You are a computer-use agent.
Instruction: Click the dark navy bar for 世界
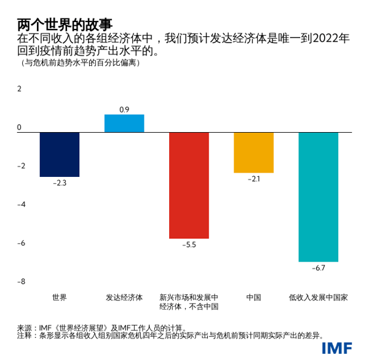tap(60, 154)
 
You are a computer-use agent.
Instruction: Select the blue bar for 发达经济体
tap(124, 123)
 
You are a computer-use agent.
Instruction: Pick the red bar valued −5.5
tap(189, 185)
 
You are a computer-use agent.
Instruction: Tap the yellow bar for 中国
tap(253, 152)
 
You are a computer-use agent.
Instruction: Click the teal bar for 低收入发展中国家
tap(318, 197)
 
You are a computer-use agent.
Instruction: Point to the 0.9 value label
tap(124, 109)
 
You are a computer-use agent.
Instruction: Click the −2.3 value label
tap(60, 182)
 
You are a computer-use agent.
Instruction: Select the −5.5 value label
tap(189, 245)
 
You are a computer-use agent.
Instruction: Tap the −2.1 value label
tap(253, 179)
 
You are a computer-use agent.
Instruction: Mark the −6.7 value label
tap(318, 268)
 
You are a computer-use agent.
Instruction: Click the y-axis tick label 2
tap(19, 88)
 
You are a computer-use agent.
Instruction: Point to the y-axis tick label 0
tap(19, 127)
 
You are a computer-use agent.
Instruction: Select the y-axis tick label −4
tap(19, 205)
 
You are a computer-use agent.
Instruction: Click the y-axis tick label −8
tap(19, 281)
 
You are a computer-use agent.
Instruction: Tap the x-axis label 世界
tap(60, 297)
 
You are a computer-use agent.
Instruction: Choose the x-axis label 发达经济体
tap(124, 297)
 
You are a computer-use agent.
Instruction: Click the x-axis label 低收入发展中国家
tap(318, 297)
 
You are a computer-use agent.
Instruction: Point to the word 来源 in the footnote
tap(25, 327)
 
